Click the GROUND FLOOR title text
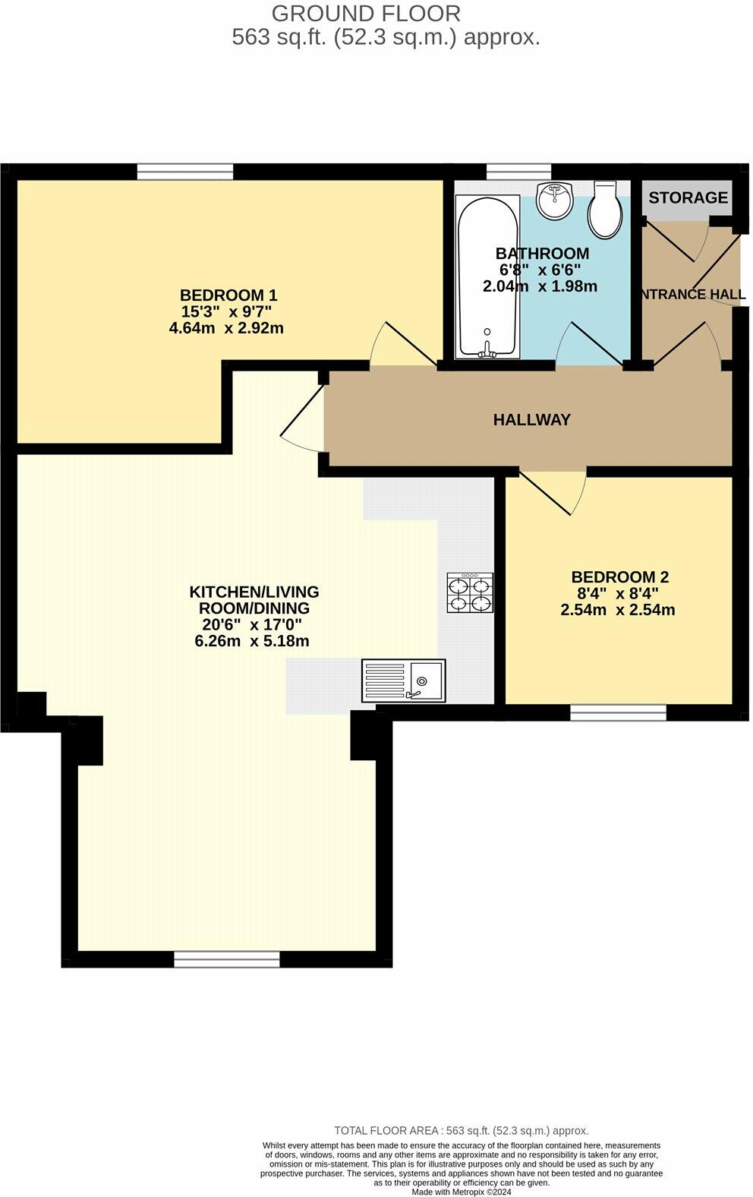[x=366, y=14]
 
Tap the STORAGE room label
[x=688, y=197]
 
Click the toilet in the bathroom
[x=606, y=209]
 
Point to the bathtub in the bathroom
[x=487, y=277]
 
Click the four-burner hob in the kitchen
[x=470, y=593]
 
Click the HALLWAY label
[x=531, y=419]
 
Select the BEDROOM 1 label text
[x=228, y=295]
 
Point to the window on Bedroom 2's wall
[x=618, y=712]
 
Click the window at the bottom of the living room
[x=227, y=959]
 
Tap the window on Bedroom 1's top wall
[x=185, y=172]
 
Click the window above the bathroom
[x=518, y=172]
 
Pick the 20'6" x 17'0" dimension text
[x=251, y=624]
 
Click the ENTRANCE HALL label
[x=692, y=295]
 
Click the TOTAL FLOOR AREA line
[x=461, y=1130]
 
